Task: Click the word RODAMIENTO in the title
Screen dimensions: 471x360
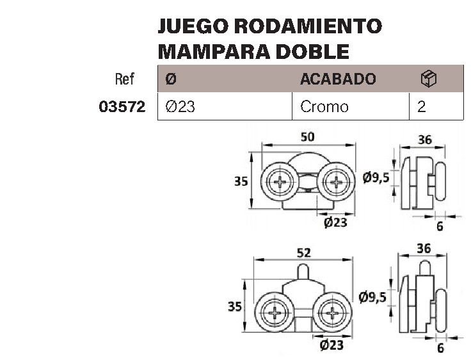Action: [x=308, y=26]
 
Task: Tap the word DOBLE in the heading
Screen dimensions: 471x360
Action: [x=312, y=52]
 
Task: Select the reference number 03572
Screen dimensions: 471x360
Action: [x=122, y=107]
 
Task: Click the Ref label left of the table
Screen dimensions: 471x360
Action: [x=125, y=79]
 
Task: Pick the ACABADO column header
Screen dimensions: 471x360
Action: [x=338, y=79]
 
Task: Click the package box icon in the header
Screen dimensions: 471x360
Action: [x=429, y=79]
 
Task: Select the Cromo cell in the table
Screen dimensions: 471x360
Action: [x=324, y=107]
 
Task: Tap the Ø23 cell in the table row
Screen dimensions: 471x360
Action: [x=180, y=107]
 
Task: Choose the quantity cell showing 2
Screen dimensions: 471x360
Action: [x=422, y=107]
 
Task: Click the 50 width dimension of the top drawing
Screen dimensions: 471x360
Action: [x=308, y=137]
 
